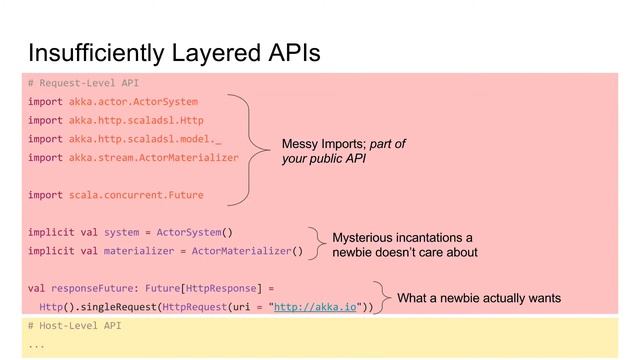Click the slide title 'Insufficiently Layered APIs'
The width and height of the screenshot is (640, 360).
[x=174, y=51]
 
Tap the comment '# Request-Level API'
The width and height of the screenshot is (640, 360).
[x=83, y=83]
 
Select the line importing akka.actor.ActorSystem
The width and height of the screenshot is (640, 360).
[x=113, y=102]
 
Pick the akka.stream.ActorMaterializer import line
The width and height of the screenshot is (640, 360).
[x=134, y=158]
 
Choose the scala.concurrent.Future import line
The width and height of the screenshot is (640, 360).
[x=116, y=195]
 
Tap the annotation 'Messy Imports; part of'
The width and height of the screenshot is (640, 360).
[x=343, y=145]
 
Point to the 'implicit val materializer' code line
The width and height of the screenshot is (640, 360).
[x=165, y=251]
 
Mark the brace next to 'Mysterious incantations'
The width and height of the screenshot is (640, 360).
[x=317, y=242]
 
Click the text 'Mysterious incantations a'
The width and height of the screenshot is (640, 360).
[x=402, y=238]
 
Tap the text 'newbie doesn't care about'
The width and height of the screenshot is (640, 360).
[x=404, y=253]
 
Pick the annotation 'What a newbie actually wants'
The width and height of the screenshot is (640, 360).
[x=479, y=298]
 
